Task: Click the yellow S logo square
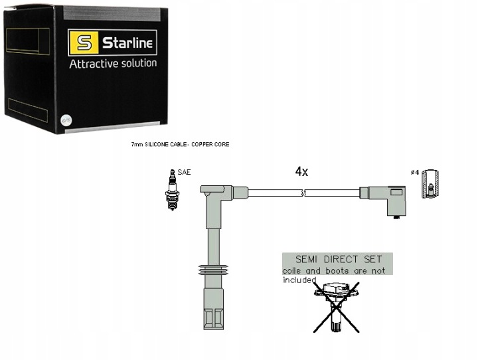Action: point(84,45)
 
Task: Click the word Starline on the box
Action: point(128,44)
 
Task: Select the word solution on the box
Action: point(136,64)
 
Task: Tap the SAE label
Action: point(184,172)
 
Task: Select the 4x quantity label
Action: point(301,171)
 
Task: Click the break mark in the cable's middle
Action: point(303,193)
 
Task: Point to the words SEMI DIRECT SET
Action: point(337,258)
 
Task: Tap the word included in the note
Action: point(297,280)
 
